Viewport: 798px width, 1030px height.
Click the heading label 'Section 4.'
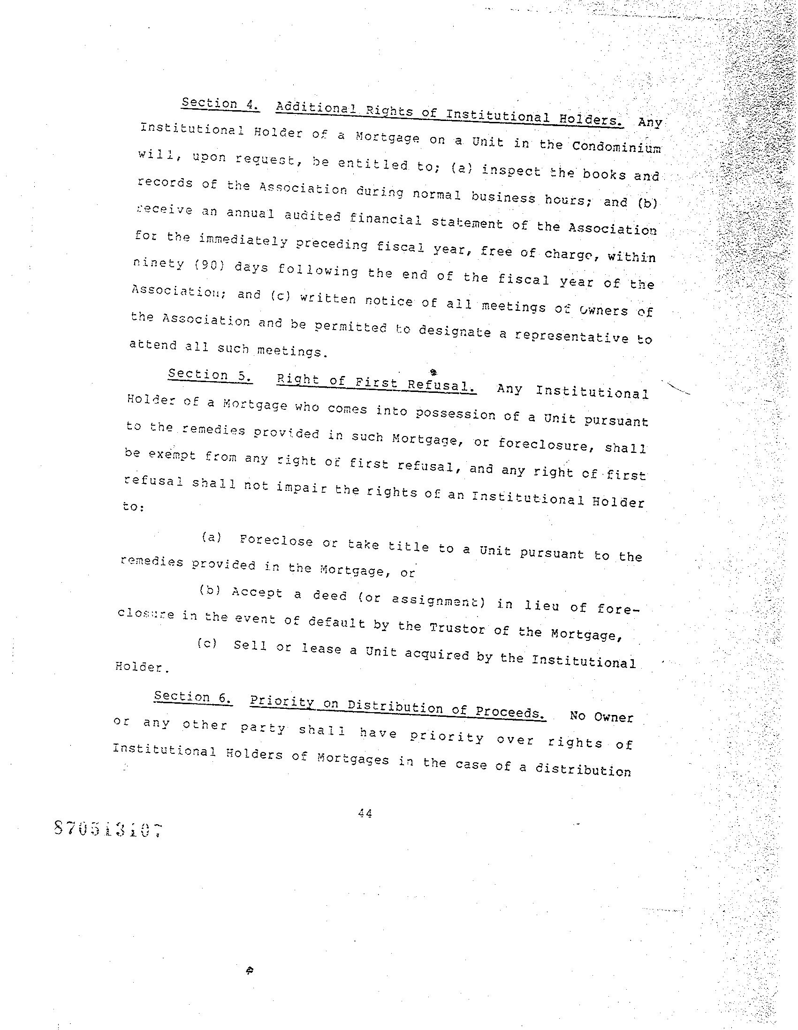point(220,104)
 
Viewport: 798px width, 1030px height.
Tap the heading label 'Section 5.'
point(210,375)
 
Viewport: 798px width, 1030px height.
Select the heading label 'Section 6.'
point(193,697)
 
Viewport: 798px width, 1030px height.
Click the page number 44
point(365,813)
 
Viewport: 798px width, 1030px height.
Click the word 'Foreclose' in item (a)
point(276,541)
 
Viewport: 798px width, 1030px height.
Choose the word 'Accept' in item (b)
point(257,593)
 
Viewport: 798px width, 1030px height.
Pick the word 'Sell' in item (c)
point(250,645)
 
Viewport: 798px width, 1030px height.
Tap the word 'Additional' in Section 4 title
point(316,108)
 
